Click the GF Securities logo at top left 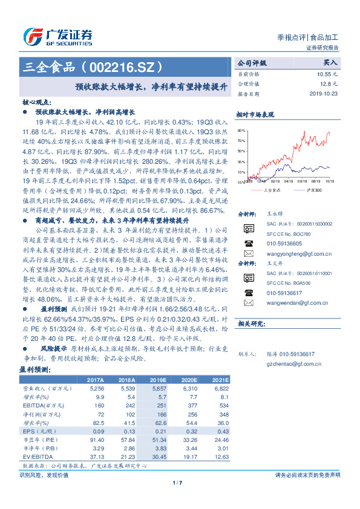pyautogui.click(x=57, y=36)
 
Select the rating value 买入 pyautogui.click(x=330, y=62)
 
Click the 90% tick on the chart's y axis pyautogui.click(x=241, y=130)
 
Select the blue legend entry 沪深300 pyautogui.click(x=313, y=190)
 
